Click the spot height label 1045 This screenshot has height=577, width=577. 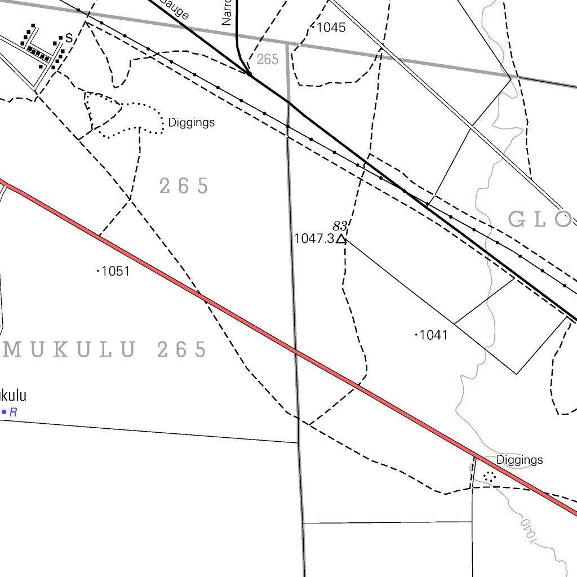[331, 27]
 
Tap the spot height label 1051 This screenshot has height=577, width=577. [116, 271]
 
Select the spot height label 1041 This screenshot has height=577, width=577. [434, 335]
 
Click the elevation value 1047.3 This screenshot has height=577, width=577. [314, 238]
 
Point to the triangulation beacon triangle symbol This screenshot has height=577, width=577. [341, 239]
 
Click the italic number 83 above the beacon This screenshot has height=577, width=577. [339, 227]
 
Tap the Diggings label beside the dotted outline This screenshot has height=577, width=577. [192, 122]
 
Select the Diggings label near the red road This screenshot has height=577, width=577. [520, 460]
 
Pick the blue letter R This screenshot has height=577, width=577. [13, 412]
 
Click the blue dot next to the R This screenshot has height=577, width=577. [4, 412]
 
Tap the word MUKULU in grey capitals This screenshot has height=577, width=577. [69, 350]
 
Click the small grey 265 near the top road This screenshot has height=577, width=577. [267, 60]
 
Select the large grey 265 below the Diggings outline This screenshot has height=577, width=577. [184, 186]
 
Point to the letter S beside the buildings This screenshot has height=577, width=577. [69, 38]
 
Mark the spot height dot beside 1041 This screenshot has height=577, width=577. [416, 335]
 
